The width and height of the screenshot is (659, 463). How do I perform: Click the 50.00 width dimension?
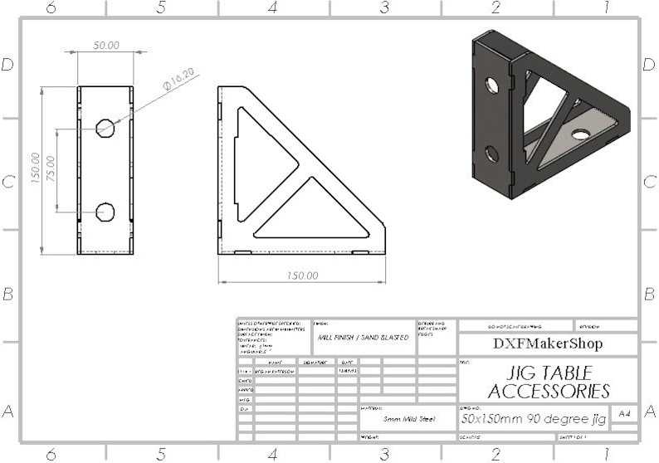pyautogui.click(x=105, y=46)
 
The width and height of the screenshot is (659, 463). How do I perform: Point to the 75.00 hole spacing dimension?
pyautogui.click(x=50, y=171)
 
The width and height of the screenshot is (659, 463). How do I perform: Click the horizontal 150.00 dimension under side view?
pyautogui.click(x=302, y=275)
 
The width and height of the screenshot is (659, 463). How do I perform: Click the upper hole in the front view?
pyautogui.click(x=105, y=128)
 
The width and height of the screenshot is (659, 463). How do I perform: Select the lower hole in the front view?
pyautogui.click(x=105, y=212)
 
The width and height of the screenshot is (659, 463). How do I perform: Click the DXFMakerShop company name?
pyautogui.click(x=548, y=344)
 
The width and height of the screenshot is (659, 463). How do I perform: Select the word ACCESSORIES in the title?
pyautogui.click(x=549, y=392)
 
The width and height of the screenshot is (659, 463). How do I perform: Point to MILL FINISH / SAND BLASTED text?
pyautogui.click(x=364, y=338)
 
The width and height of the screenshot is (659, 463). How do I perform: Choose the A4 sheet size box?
pyautogui.click(x=623, y=413)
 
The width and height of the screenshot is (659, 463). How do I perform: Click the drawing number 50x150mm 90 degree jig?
pyautogui.click(x=534, y=419)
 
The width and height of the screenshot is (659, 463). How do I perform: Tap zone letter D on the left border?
pyautogui.click(x=8, y=65)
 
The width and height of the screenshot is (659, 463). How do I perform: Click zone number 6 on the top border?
pyautogui.click(x=51, y=7)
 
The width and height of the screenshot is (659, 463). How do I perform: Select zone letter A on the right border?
pyautogui.click(x=650, y=412)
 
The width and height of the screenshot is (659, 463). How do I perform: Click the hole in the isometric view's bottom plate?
pyautogui.click(x=580, y=134)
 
